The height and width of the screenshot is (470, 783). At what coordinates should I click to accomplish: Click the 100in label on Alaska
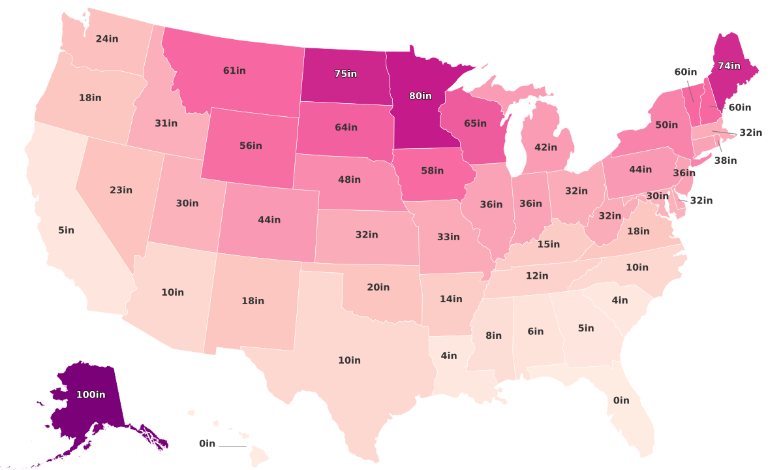pos(91,394)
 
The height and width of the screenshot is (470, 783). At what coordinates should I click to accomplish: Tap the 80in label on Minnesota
pos(420,96)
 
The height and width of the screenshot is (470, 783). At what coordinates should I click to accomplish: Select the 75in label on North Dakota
pos(346,74)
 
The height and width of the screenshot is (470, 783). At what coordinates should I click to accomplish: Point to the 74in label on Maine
pos(729,66)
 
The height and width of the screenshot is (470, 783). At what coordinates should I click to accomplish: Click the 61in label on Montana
pos(234,70)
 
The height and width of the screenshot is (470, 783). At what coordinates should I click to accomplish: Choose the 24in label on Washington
pos(107,39)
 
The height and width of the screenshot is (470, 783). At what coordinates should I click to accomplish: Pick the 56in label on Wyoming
pos(251,146)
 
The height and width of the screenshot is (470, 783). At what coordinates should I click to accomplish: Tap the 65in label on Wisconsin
pos(475,123)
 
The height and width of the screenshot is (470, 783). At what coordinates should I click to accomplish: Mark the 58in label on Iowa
pos(432,171)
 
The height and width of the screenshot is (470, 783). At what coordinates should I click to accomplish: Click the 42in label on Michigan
pos(545,148)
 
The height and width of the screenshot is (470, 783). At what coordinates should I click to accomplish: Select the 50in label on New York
pos(666,125)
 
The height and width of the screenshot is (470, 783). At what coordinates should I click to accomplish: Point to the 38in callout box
pos(725,160)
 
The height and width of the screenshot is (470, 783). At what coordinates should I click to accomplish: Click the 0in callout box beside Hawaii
pos(207,444)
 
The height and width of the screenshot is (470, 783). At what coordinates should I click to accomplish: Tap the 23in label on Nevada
pos(121,190)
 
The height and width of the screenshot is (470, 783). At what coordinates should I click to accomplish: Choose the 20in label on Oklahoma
pos(378,287)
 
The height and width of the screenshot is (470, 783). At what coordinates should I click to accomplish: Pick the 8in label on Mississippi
pos(493,336)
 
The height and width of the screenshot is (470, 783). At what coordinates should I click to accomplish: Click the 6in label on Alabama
pos(535,332)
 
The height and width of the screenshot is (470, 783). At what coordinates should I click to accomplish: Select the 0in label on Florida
pos(621,400)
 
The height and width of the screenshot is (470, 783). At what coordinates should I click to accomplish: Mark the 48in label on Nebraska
pos(349,180)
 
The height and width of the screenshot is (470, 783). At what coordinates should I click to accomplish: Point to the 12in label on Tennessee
pos(537,276)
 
